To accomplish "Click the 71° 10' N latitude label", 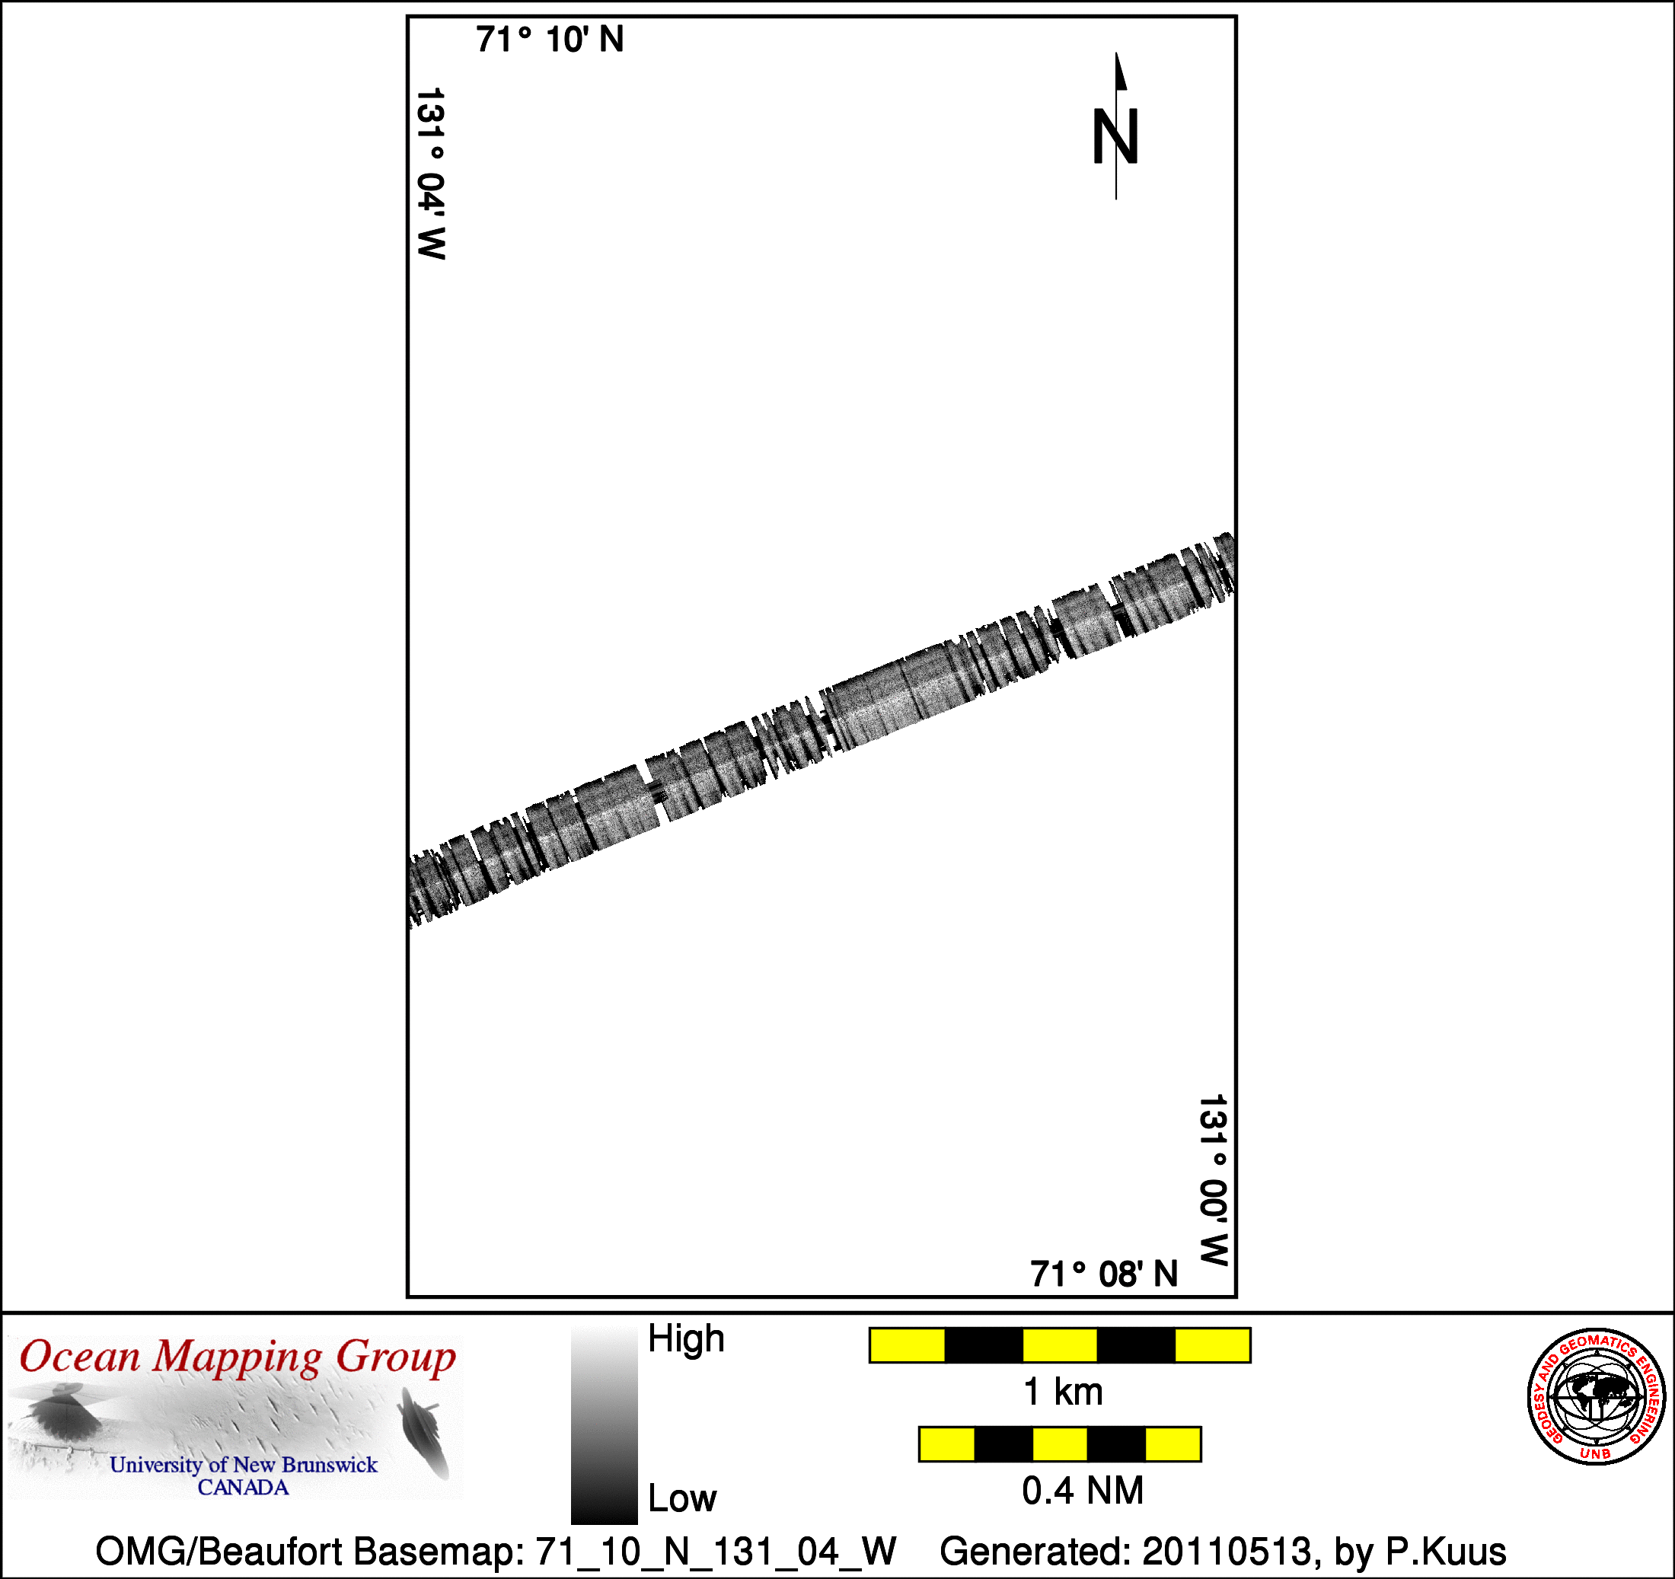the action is (550, 40).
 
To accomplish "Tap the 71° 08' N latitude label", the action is (1104, 1274).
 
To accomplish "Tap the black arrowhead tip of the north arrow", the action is (1116, 53).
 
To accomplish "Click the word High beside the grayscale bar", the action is (686, 1339).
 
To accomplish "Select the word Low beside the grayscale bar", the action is (681, 1498).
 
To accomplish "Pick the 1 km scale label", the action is (1062, 1392).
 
